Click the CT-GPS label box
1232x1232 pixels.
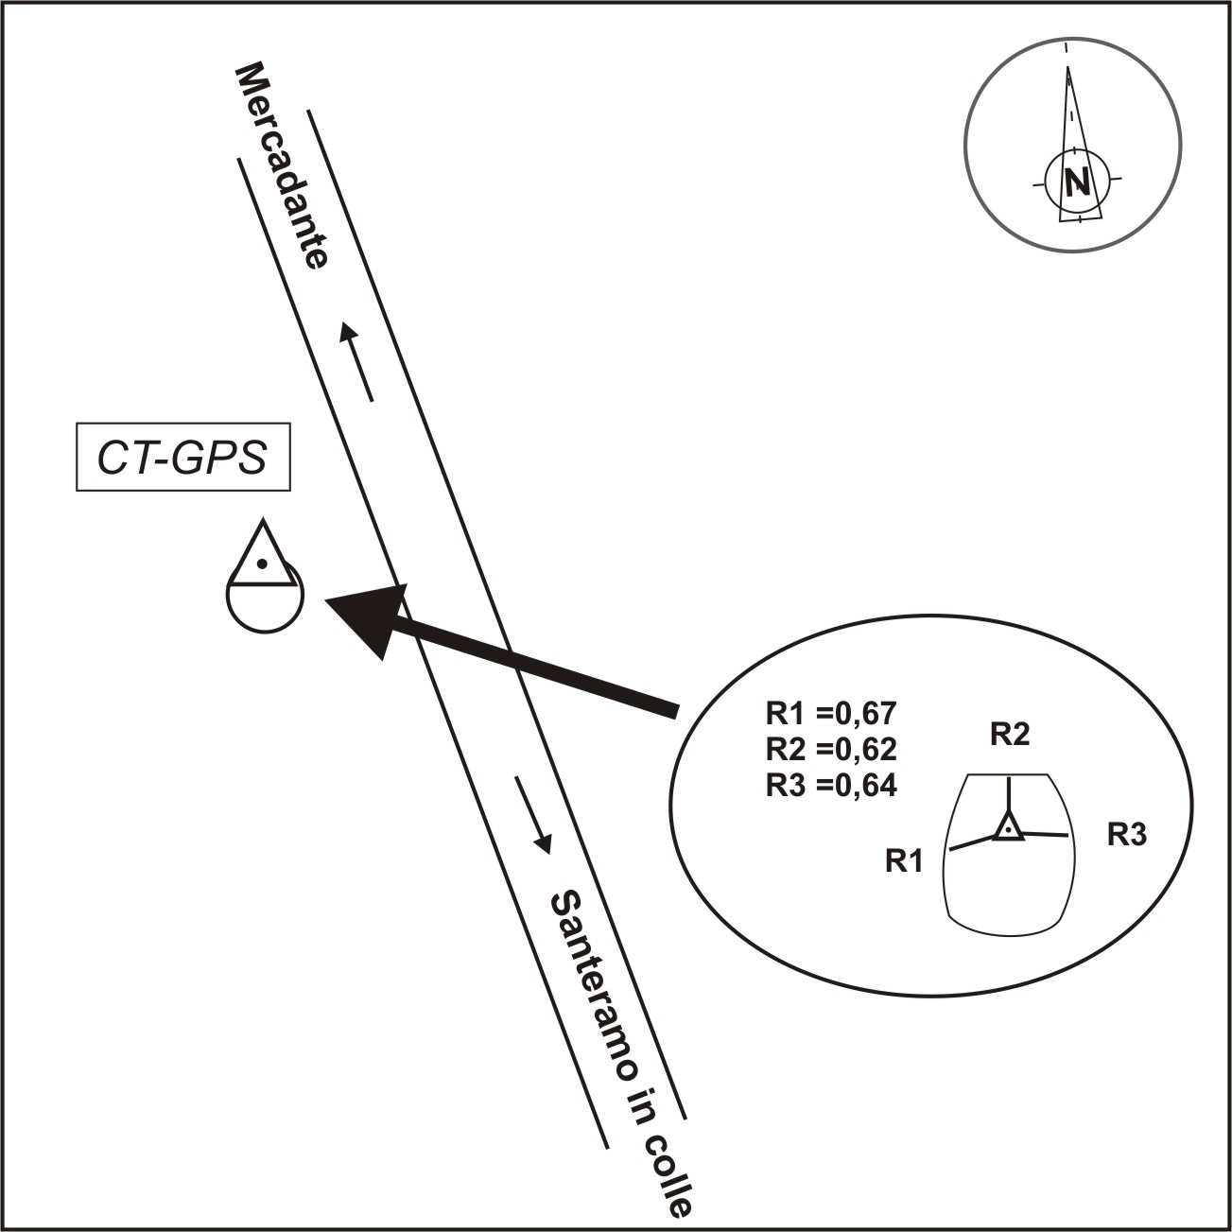(x=182, y=460)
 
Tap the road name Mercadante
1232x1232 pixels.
(x=281, y=166)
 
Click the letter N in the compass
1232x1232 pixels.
(x=1076, y=180)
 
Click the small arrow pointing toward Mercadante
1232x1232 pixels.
(x=358, y=360)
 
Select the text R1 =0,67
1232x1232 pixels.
(x=831, y=711)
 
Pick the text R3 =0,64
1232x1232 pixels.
(x=831, y=785)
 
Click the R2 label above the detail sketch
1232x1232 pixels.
(x=1009, y=735)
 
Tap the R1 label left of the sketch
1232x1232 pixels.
(x=903, y=860)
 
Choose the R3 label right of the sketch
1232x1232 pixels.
(x=1127, y=834)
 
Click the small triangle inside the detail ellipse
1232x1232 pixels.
(x=1009, y=828)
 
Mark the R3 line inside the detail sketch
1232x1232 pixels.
(x=1045, y=835)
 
